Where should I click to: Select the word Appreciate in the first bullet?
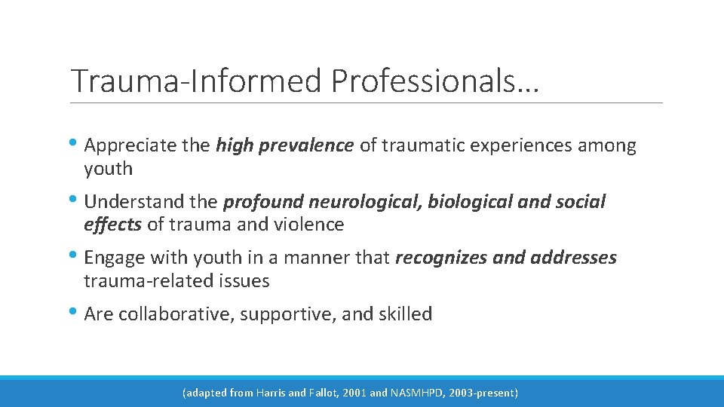click(131, 145)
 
